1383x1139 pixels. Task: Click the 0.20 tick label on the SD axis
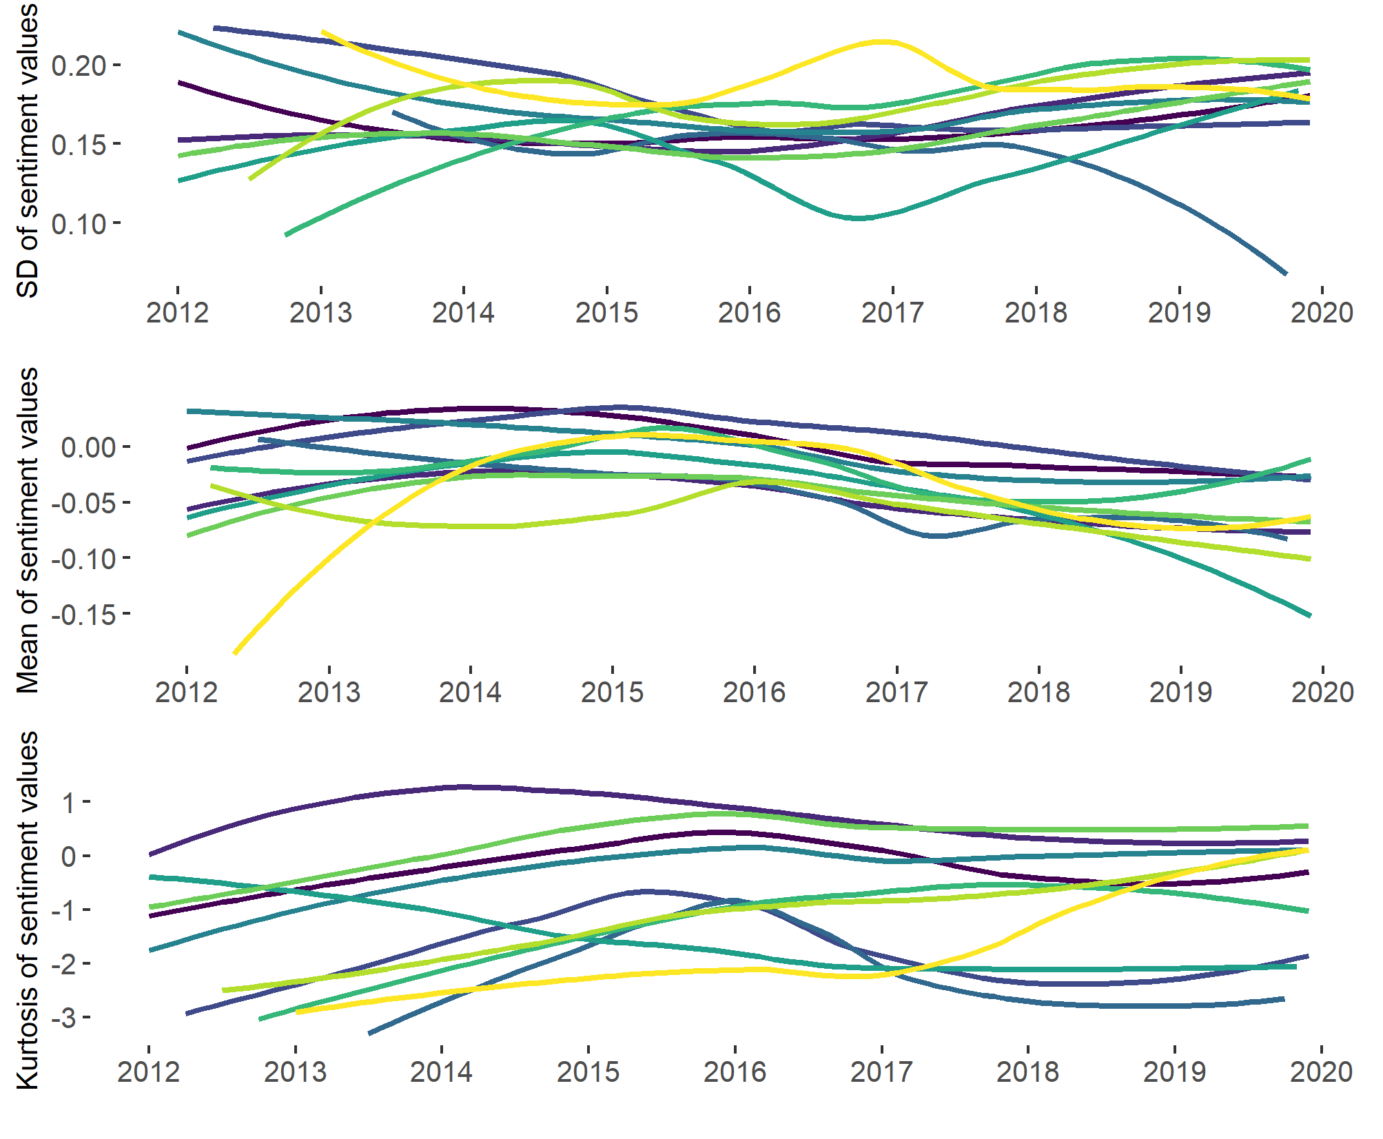pyautogui.click(x=79, y=66)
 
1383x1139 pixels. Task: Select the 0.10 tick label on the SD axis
pyautogui.click(x=79, y=224)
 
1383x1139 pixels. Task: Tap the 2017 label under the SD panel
pyautogui.click(x=892, y=313)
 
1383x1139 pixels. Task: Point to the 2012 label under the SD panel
pyautogui.click(x=177, y=313)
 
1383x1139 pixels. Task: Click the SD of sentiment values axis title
pyautogui.click(x=28, y=150)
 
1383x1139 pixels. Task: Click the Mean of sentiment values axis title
pyautogui.click(x=28, y=530)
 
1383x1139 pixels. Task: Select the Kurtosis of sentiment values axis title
pyautogui.click(x=28, y=910)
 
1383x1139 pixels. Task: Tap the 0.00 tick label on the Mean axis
pyautogui.click(x=88, y=448)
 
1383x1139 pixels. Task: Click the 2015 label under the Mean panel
pyautogui.click(x=612, y=692)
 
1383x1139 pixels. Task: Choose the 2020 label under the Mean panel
pyautogui.click(x=1322, y=692)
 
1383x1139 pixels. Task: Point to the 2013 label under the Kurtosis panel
pyautogui.click(x=295, y=1072)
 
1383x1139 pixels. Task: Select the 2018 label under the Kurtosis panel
pyautogui.click(x=1027, y=1072)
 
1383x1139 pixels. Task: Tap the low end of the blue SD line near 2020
pyautogui.click(x=1285, y=274)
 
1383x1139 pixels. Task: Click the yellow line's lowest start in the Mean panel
pyautogui.click(x=236, y=652)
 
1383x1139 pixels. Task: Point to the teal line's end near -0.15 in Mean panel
pyautogui.click(x=1309, y=615)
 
